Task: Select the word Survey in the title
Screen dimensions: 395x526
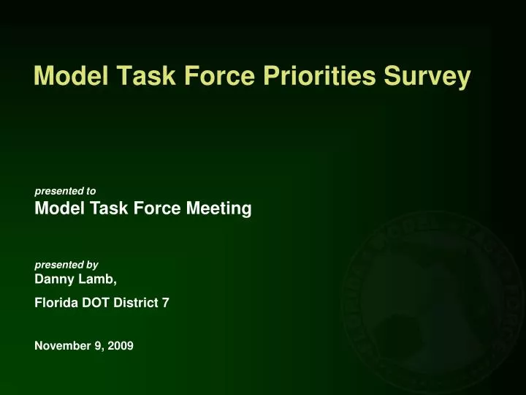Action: pyautogui.click(x=432, y=76)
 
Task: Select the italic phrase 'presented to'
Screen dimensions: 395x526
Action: pyautogui.click(x=65, y=191)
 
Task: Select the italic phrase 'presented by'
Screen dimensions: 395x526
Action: pyautogui.click(x=66, y=264)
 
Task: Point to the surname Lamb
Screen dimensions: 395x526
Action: pyautogui.click(x=99, y=279)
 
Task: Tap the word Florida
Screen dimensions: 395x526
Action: pyautogui.click(x=56, y=301)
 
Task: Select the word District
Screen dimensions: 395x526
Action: pyautogui.click(x=137, y=301)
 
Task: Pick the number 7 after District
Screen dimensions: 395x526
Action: pyautogui.click(x=167, y=301)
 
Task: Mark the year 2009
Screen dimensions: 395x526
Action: pyautogui.click(x=121, y=346)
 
